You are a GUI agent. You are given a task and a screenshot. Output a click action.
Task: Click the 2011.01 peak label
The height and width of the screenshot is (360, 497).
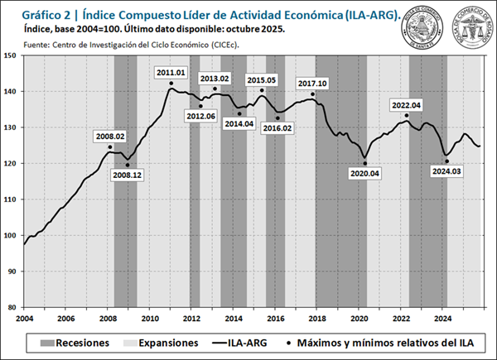170,73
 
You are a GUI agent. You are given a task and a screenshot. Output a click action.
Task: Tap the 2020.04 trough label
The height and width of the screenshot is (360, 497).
364,173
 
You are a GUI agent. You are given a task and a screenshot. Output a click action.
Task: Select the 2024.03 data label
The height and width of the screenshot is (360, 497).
447,171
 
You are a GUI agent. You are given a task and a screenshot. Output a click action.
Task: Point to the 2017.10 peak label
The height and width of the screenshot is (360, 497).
313,84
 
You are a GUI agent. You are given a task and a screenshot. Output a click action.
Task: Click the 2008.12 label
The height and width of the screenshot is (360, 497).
128,175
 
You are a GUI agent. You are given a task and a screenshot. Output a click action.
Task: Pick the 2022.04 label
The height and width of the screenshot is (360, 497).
407,105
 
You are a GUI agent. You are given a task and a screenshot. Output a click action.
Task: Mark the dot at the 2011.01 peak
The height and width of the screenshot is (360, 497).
171,83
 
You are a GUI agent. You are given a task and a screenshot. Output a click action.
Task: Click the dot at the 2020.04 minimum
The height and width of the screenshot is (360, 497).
364,161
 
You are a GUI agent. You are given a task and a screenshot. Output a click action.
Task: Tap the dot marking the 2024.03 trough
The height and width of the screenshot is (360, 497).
447,161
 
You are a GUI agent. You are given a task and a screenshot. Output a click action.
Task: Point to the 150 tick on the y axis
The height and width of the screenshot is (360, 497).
12,55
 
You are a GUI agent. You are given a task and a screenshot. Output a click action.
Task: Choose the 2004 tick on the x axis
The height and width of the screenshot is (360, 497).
23,318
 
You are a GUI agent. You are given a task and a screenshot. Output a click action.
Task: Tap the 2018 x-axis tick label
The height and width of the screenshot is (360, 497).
316,318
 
